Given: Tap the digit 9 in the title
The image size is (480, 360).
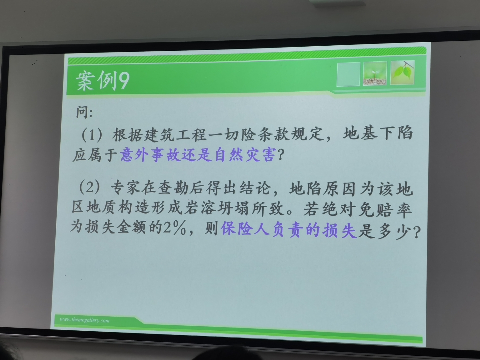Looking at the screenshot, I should [x=123, y=81].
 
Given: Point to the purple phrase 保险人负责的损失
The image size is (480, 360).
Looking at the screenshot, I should [x=289, y=231].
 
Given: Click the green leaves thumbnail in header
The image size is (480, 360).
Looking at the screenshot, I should [x=402, y=73].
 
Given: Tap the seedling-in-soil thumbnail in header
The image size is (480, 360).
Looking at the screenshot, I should [x=375, y=74].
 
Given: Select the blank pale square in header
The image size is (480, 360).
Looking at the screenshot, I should [x=348, y=74].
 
